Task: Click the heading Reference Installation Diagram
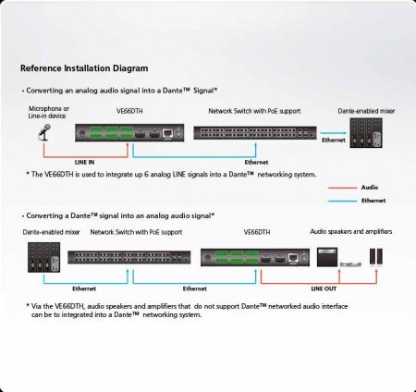point(84,68)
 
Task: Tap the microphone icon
point(43,134)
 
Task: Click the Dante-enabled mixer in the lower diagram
point(43,258)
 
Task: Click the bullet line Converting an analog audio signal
point(120,91)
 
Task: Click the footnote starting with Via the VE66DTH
point(185,310)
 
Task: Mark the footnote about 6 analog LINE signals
point(171,174)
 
